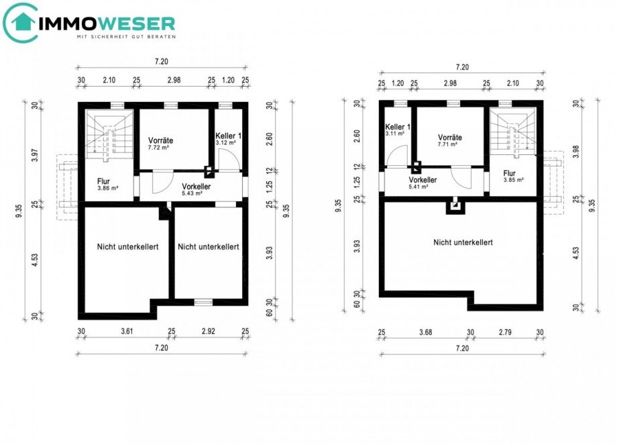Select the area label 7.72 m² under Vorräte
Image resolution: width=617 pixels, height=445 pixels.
click(160, 148)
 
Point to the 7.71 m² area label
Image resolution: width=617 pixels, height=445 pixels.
click(447, 144)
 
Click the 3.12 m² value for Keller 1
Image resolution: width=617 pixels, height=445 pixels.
click(225, 143)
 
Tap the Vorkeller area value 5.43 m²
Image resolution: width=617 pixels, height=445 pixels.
click(191, 193)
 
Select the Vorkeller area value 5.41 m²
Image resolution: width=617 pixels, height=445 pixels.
click(419, 187)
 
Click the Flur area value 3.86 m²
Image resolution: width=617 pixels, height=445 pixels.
click(107, 189)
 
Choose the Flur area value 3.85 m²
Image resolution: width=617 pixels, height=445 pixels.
click(513, 180)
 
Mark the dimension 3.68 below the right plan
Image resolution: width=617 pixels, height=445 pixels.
click(425, 332)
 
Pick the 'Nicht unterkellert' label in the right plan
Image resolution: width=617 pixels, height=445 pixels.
click(463, 242)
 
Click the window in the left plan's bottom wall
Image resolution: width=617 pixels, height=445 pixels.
click(203, 302)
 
